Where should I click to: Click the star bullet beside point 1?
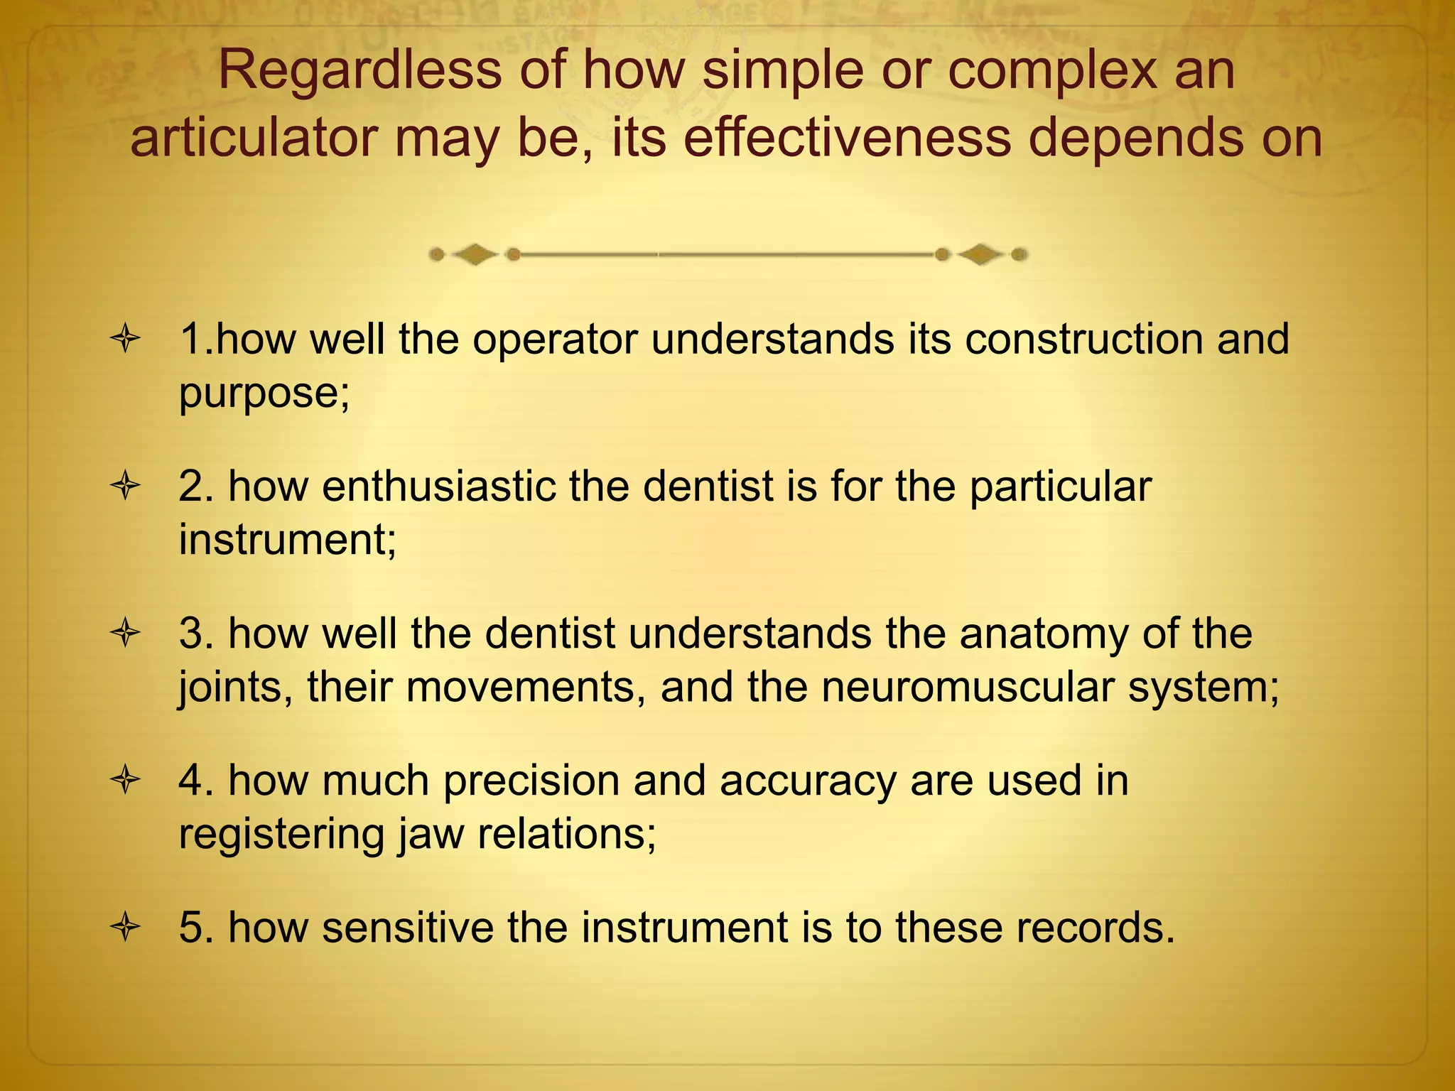pos(125,340)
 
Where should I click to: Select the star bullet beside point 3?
pos(125,634)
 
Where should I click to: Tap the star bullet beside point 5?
pos(125,928)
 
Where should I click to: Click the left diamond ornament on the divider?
pos(475,254)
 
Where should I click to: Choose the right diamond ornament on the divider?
pos(981,254)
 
